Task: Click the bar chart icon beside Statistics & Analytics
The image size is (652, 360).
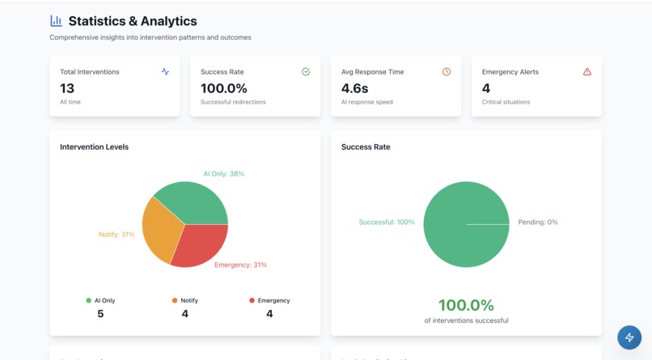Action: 56,21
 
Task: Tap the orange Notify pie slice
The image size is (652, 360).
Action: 160,227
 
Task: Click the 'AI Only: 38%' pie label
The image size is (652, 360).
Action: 223,174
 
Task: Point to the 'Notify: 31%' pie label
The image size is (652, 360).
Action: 116,235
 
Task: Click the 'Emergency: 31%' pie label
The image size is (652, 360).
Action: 240,265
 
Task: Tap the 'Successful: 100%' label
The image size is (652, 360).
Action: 387,222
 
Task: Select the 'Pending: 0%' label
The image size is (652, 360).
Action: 538,222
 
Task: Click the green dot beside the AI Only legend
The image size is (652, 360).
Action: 89,300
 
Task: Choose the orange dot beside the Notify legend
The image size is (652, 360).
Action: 175,300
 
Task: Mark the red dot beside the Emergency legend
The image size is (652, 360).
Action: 252,300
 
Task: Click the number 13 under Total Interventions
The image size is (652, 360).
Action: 67,88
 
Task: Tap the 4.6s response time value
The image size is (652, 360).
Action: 355,88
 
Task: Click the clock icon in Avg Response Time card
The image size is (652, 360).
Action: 447,72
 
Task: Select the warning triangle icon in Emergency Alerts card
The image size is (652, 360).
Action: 587,72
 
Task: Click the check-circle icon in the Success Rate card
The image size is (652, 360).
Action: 306,72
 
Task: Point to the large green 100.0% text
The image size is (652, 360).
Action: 466,305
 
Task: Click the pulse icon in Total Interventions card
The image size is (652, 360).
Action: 165,72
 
